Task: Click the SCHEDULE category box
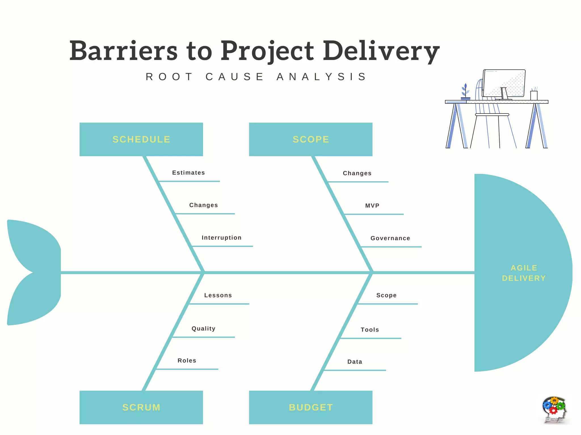point(141,139)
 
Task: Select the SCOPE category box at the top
point(311,139)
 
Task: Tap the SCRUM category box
point(141,407)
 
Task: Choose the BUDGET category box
point(311,407)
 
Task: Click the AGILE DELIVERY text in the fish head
point(524,273)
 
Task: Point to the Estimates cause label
point(188,173)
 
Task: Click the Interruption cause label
point(222,238)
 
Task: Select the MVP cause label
point(372,206)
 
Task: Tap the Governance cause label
point(390,238)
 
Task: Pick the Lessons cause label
point(218,295)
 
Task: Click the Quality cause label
point(203,329)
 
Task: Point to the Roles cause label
point(187,361)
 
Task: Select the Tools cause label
point(370,330)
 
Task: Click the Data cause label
point(355,362)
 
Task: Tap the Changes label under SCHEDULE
point(203,205)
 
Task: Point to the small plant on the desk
point(465,92)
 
